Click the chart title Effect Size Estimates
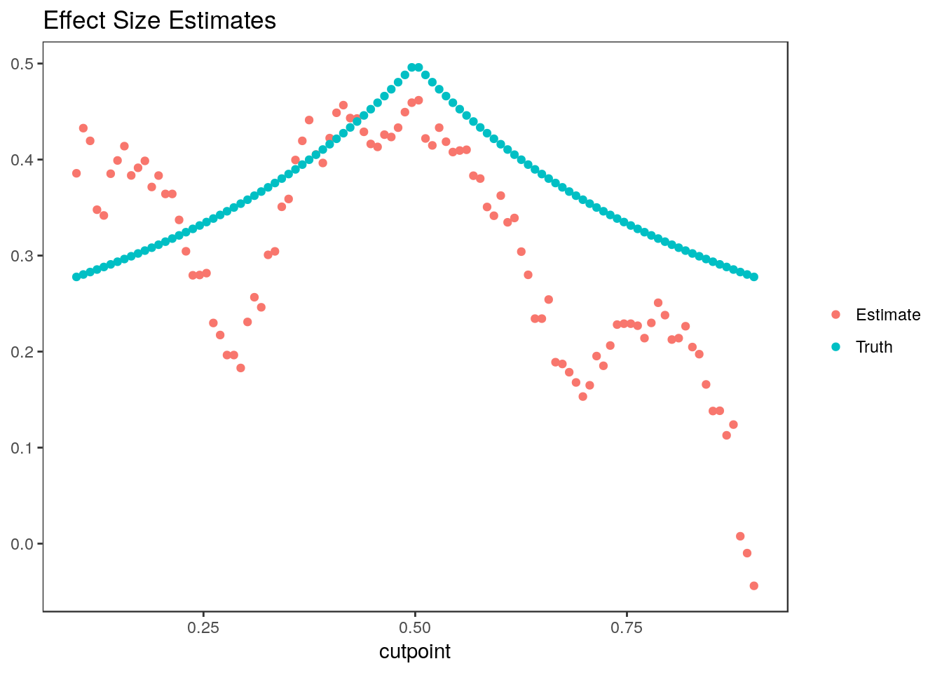tap(160, 21)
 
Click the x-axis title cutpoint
tap(415, 652)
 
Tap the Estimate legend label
tap(888, 315)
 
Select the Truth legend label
tap(874, 347)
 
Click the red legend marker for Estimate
tap(835, 315)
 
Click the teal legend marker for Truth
tap(835, 347)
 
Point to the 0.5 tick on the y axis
tap(25, 64)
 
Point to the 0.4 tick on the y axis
tap(25, 160)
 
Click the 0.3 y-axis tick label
tap(25, 256)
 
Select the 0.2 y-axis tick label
tap(25, 352)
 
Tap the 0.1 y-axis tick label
tap(25, 448)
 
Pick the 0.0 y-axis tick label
tap(25, 544)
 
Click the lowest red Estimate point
tap(753, 586)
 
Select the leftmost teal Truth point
tap(76, 277)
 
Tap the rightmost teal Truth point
tap(753, 277)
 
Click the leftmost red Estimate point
tap(76, 173)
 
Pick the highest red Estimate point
tap(418, 100)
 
